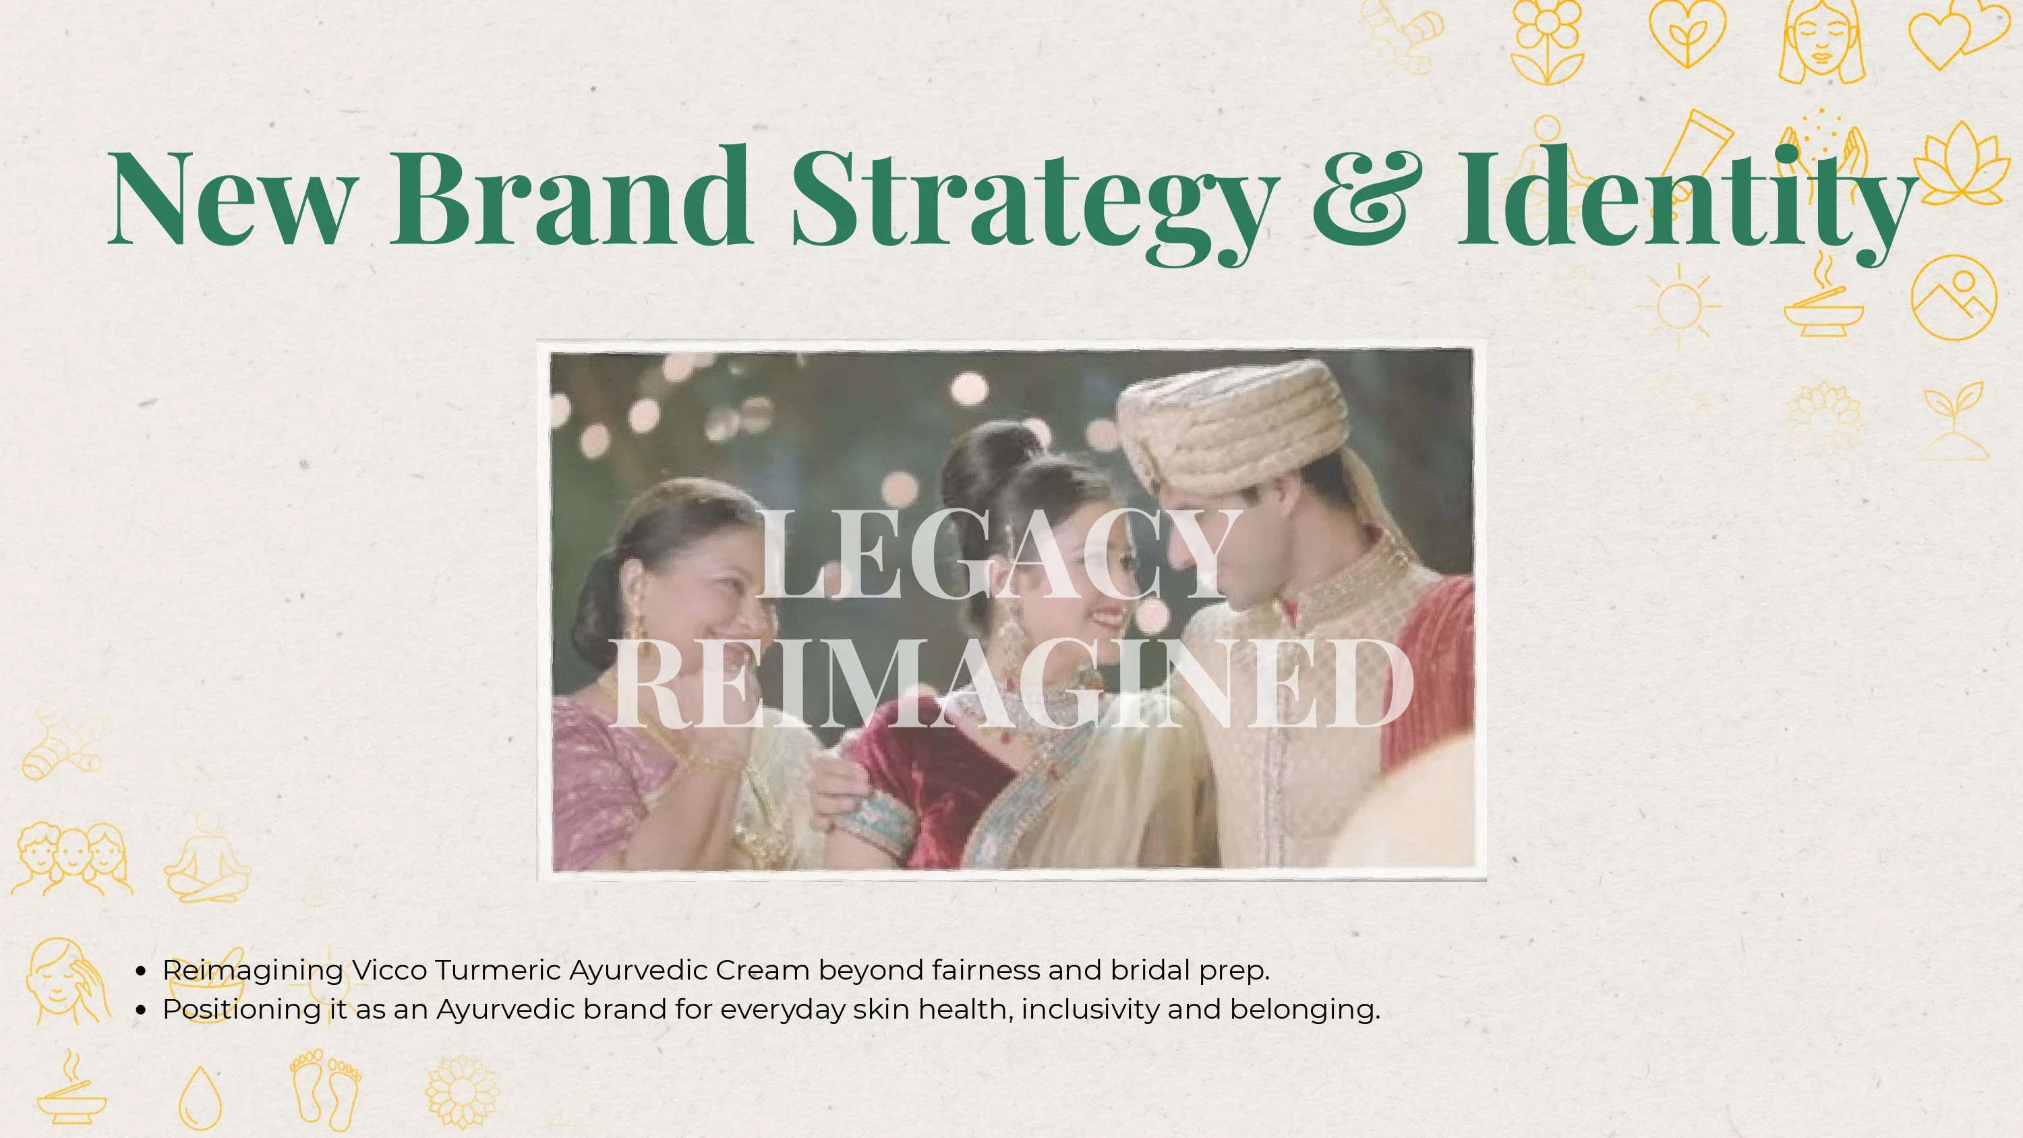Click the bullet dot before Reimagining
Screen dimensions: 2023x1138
click(x=140, y=972)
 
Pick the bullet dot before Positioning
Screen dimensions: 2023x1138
click(x=140, y=1011)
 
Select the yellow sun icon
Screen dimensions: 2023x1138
click(x=1679, y=305)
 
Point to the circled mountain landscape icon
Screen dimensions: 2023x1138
click(x=1954, y=297)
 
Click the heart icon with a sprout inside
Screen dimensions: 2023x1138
click(x=1687, y=33)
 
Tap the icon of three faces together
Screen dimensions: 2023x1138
click(x=72, y=859)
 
